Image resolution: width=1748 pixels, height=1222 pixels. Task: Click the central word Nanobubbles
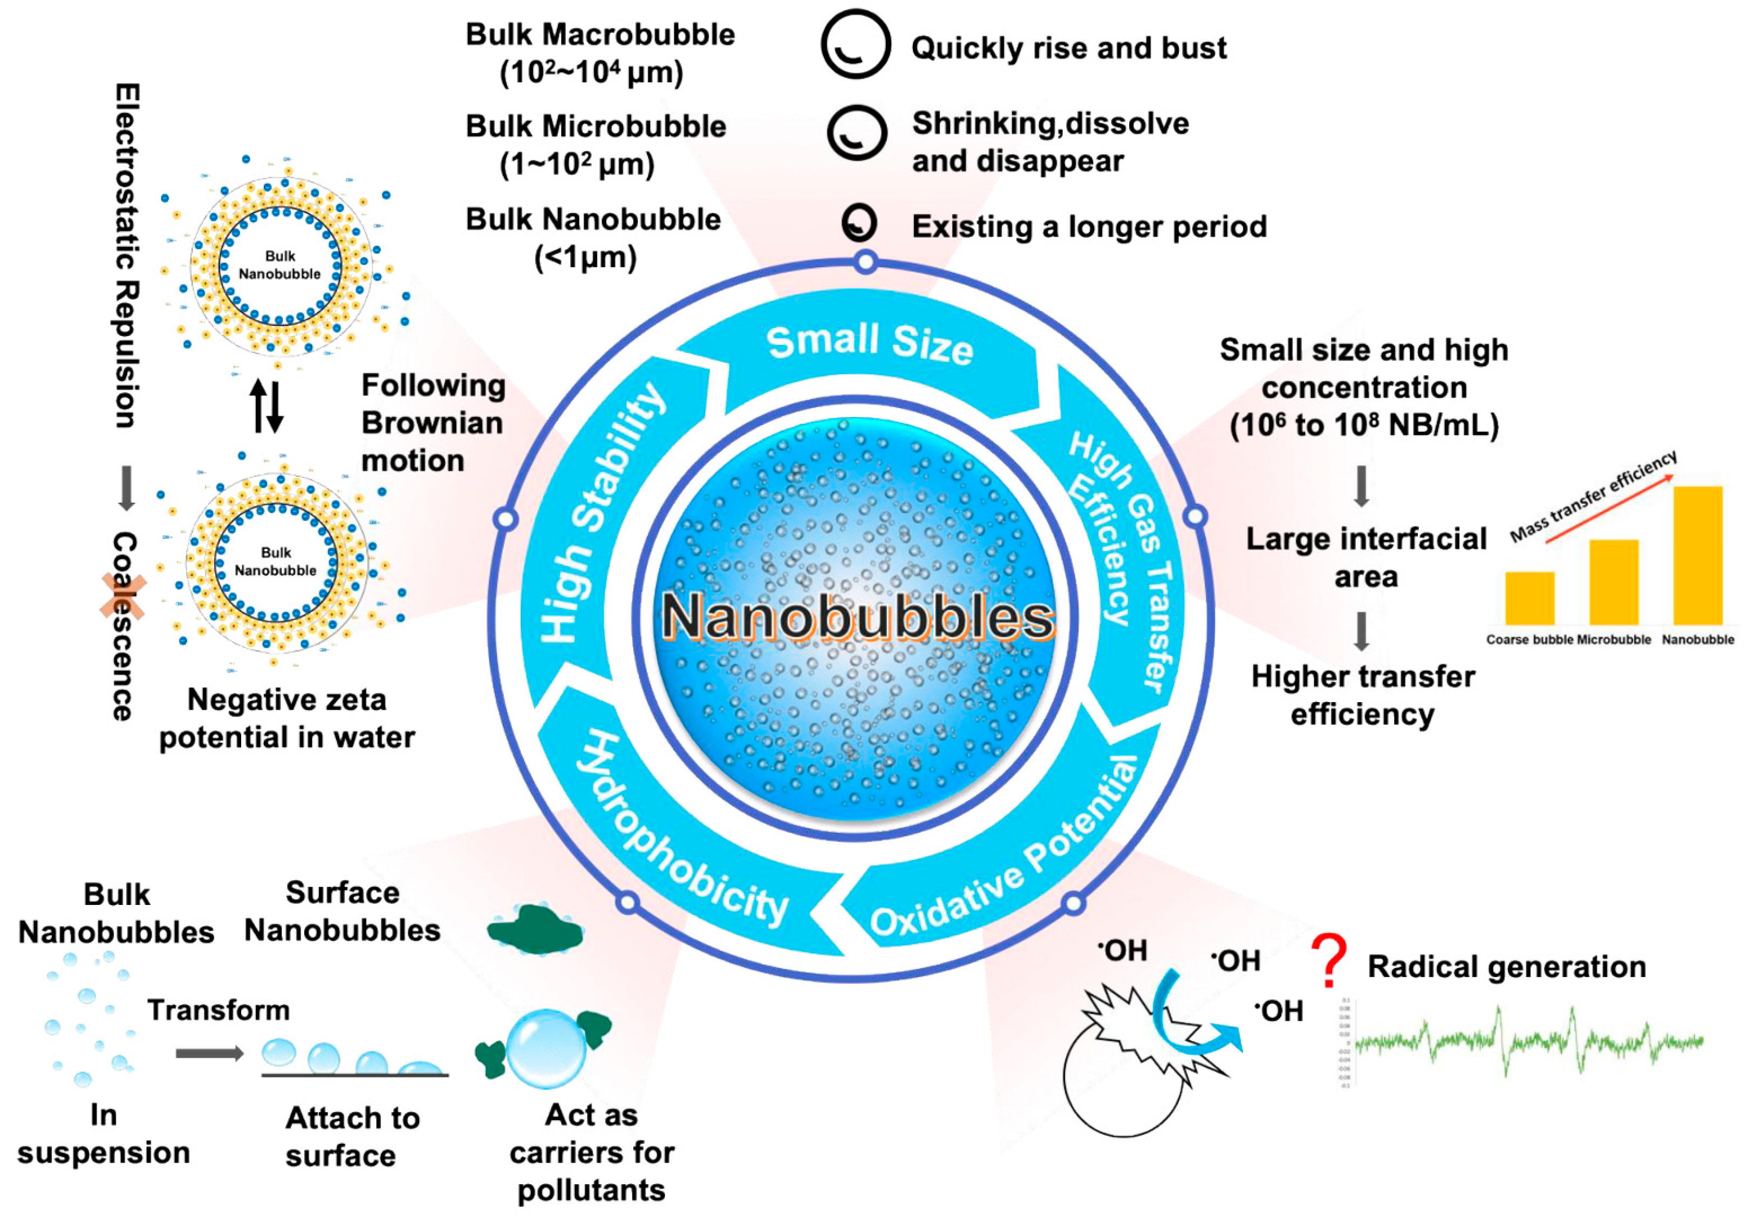[x=857, y=616]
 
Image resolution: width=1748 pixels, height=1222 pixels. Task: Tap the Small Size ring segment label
[x=870, y=344]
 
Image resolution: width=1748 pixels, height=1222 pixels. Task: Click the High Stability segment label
[x=602, y=513]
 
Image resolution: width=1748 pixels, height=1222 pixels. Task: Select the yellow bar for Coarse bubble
[x=1529, y=598]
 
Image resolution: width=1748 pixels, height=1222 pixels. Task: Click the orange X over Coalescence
[x=124, y=596]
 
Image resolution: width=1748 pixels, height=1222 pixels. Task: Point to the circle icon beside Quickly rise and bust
[x=856, y=44]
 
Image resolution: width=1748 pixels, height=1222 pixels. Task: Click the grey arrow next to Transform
[x=209, y=1053]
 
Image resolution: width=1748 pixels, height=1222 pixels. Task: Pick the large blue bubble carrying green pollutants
[x=546, y=1048]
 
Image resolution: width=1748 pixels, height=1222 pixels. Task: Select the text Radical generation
[x=1507, y=966]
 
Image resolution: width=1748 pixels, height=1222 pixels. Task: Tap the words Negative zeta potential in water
[x=287, y=718]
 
